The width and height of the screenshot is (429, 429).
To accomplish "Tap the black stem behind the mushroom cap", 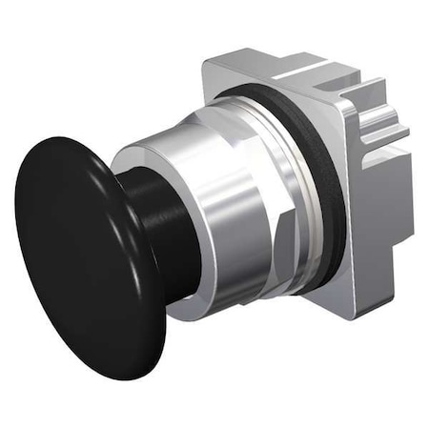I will tap(157, 219).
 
